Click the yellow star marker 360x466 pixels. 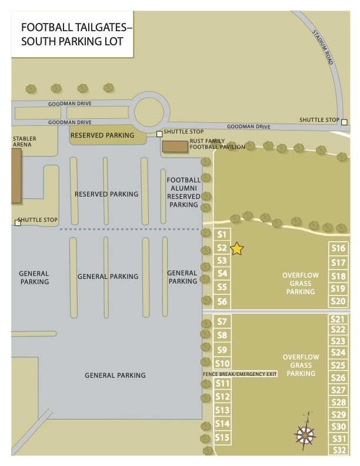tap(236, 249)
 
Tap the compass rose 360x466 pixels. tap(305, 434)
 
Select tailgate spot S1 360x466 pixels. tap(222, 234)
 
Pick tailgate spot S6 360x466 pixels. tap(222, 302)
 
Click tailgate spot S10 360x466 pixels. tap(222, 364)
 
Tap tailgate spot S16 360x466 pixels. tap(338, 248)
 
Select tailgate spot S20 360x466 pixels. tap(338, 301)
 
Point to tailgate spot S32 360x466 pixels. tap(338, 451)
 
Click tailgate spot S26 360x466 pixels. tap(338, 378)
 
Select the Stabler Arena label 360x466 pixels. tap(24, 141)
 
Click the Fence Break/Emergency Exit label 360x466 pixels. tap(239, 374)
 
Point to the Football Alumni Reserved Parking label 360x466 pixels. tap(184, 192)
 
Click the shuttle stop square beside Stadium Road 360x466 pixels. tap(345, 122)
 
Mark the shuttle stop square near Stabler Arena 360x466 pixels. tap(18, 222)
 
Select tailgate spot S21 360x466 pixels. tap(338, 319)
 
